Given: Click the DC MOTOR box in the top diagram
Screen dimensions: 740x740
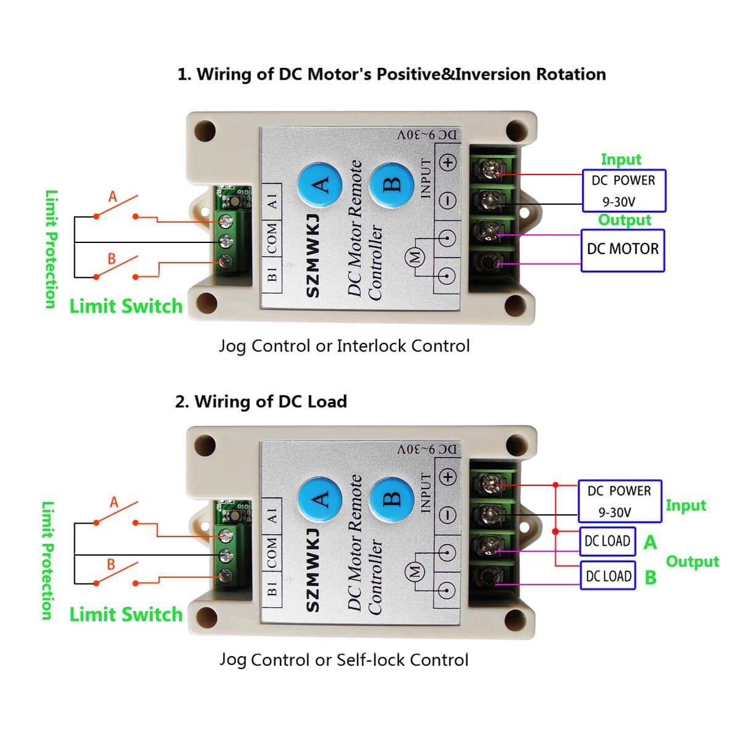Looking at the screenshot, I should tap(623, 250).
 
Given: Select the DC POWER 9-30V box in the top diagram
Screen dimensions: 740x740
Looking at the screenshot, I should tap(623, 191).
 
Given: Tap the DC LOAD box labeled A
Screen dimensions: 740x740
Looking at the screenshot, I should tap(607, 541).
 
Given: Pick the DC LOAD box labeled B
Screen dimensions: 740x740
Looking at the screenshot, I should tap(608, 576).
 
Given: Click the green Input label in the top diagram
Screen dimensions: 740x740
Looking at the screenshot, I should tap(621, 160).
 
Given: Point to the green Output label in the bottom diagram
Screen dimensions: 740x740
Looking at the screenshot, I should tap(692, 562).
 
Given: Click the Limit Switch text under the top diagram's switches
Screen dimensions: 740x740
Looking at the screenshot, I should tap(126, 306).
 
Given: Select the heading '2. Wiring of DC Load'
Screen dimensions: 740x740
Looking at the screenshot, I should tap(261, 402).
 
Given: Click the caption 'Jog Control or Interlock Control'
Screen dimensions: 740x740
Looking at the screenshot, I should tap(344, 346).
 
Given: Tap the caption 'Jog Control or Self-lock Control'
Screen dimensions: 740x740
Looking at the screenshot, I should tap(344, 660).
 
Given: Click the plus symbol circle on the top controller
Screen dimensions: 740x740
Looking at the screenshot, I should tap(448, 162).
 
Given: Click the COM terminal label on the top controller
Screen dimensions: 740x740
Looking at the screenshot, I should tap(272, 239).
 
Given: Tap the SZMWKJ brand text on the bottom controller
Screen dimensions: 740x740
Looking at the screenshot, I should tap(313, 570).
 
